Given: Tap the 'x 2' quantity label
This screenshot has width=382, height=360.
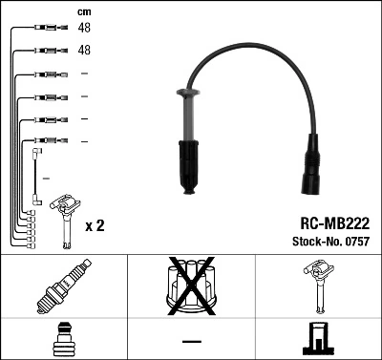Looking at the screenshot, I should coord(95,226).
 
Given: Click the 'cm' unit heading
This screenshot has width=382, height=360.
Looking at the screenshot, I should coord(83,11).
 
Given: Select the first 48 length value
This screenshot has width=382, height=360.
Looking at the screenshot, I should coord(84,29).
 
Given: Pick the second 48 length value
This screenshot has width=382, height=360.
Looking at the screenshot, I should coord(84,51).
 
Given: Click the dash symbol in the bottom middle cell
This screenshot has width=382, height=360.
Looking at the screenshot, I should coord(191,341).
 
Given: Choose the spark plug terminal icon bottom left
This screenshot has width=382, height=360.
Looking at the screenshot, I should coord(63,340).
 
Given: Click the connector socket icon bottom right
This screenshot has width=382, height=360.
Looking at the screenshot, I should coord(318,340).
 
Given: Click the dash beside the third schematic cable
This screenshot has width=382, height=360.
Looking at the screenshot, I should coord(84,74).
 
